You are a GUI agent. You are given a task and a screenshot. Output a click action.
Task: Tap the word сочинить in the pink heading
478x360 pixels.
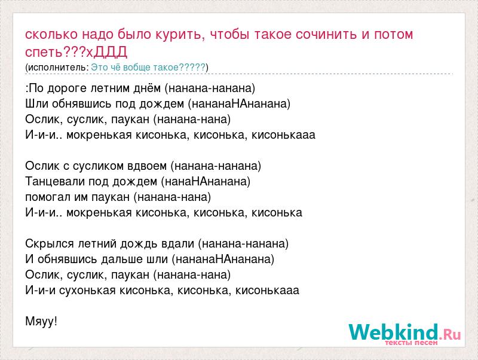point(326,35)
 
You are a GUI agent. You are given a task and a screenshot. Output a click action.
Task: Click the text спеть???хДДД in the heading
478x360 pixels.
point(76,52)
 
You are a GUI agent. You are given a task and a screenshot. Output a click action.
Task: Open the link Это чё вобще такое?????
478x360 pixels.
point(148,67)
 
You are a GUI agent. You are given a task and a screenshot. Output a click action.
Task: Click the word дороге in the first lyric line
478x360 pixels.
point(68,89)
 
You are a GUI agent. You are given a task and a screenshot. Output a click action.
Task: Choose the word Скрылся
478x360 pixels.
point(50,244)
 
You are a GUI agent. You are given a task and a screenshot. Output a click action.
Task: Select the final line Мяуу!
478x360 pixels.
point(41,321)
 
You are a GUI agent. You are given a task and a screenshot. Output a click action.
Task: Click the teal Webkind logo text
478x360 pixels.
point(393,332)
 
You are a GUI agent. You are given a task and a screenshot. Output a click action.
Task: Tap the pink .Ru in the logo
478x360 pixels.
point(450,335)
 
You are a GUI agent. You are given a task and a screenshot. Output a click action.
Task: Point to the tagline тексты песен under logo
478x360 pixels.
point(411,343)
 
